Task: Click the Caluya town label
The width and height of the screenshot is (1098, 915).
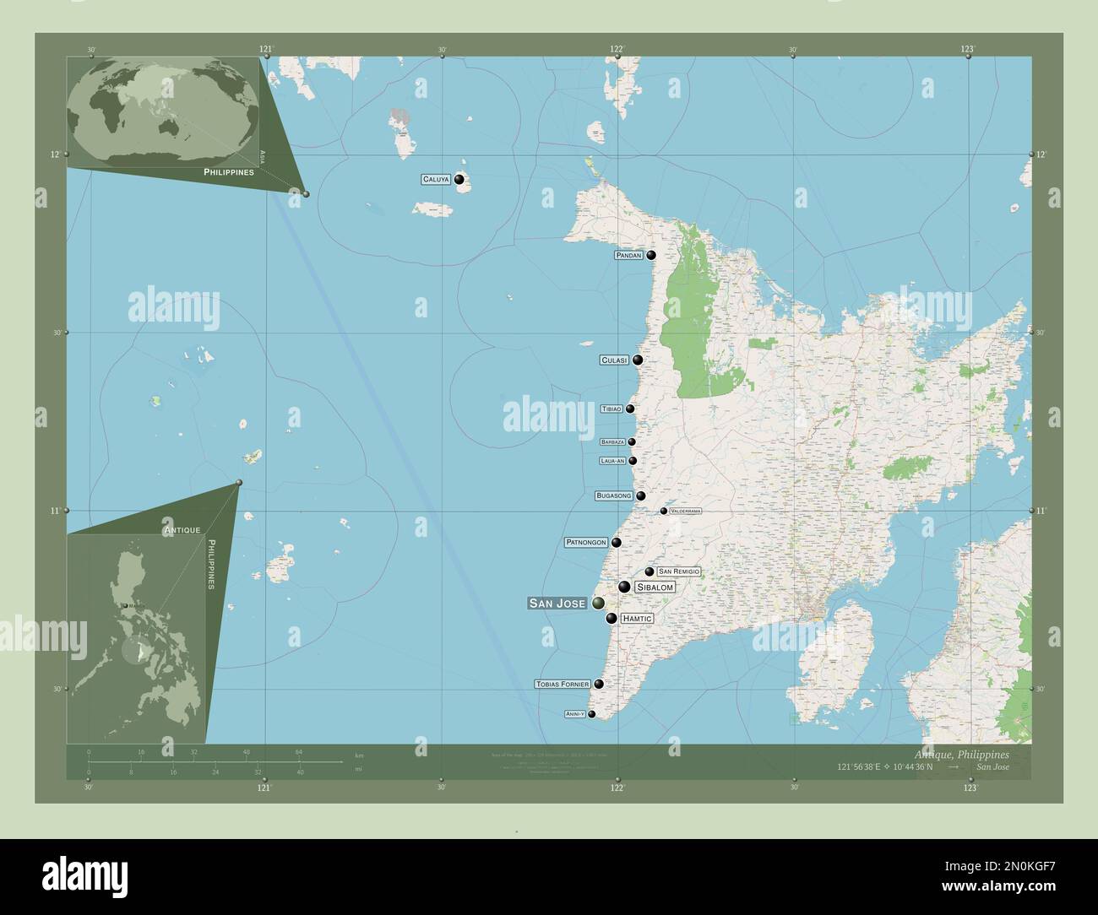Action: click(x=436, y=180)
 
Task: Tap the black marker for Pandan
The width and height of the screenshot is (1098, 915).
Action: click(x=651, y=255)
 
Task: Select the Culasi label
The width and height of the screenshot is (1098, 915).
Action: click(x=614, y=360)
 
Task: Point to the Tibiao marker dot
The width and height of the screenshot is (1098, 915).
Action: click(x=630, y=409)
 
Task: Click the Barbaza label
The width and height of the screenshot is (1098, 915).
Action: click(x=612, y=442)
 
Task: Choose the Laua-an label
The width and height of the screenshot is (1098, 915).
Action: click(x=612, y=461)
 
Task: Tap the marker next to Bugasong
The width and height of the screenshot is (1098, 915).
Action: click(x=641, y=496)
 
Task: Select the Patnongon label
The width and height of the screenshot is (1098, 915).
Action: click(x=586, y=543)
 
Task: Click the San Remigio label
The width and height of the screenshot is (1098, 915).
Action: click(x=678, y=572)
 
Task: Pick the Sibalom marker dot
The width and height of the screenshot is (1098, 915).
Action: click(x=624, y=587)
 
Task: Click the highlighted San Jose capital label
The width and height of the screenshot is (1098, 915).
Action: click(x=557, y=604)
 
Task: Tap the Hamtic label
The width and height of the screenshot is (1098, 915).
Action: click(x=637, y=619)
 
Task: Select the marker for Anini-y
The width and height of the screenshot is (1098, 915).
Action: click(x=592, y=714)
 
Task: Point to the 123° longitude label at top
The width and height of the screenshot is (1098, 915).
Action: click(x=968, y=49)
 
